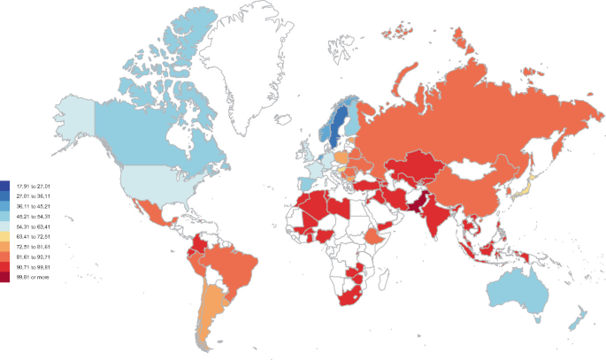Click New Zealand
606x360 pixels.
[x=579, y=318]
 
